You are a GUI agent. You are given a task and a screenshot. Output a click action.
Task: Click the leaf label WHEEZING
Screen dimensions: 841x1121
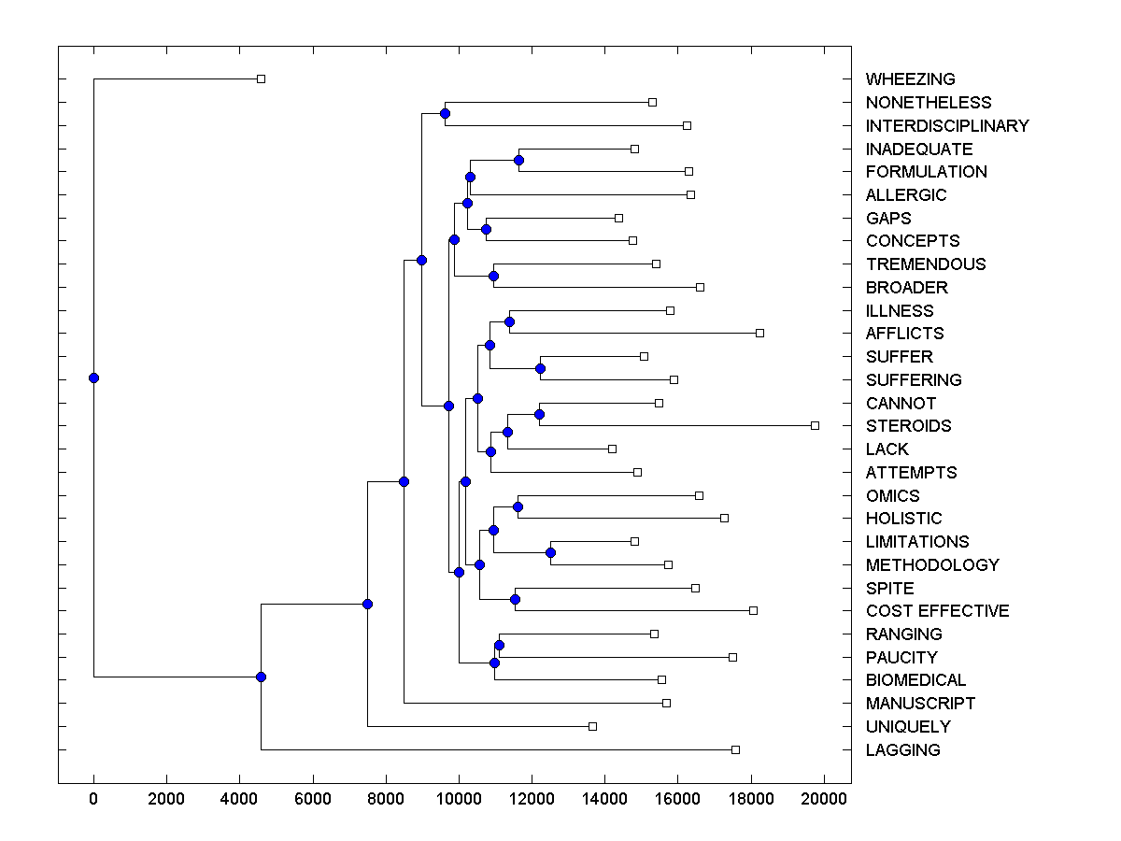(910, 79)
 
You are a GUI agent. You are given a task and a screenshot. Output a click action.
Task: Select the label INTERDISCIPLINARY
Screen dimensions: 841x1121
(947, 126)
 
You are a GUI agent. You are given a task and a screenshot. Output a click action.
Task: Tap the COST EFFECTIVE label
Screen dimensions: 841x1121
(937, 611)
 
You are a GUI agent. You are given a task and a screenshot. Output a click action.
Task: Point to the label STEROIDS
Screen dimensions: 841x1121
(908, 426)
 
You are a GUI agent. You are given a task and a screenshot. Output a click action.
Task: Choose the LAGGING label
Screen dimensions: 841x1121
(902, 750)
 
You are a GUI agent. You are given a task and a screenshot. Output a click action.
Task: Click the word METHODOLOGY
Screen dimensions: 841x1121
(932, 565)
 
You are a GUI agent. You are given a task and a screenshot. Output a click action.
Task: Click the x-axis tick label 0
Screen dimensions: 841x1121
(93, 798)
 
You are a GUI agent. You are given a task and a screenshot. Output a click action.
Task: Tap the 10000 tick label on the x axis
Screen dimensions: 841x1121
(459, 798)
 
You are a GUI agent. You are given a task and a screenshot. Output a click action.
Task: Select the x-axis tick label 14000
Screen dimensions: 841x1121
(604, 798)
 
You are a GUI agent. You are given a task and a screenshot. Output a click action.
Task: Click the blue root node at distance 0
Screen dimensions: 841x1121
(93, 378)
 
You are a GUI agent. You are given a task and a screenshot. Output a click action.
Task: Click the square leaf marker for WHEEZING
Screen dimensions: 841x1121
(262, 78)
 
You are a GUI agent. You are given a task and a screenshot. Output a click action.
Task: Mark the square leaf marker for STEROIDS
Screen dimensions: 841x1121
(815, 425)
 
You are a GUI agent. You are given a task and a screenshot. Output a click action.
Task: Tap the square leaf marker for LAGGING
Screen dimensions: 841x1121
(735, 749)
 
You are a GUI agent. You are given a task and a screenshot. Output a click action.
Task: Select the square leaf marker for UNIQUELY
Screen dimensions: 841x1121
(592, 726)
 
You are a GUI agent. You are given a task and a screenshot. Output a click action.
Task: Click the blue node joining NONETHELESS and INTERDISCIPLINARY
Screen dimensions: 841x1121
(445, 113)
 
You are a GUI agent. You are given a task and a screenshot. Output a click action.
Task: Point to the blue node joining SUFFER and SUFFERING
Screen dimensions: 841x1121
(540, 368)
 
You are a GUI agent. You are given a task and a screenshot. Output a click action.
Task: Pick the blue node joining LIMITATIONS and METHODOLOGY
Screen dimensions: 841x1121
(550, 552)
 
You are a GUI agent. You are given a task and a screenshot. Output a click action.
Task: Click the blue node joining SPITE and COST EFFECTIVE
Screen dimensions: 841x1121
(515, 599)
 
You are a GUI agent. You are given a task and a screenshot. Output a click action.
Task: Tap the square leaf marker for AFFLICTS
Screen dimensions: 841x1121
(759, 333)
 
